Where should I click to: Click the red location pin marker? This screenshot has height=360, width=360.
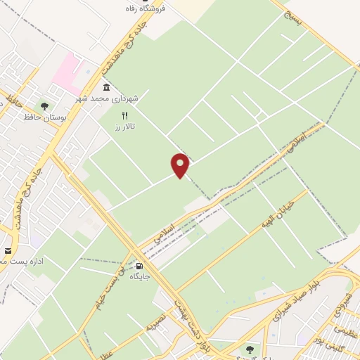pos(181,165)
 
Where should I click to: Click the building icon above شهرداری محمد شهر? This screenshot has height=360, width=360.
pos(106,88)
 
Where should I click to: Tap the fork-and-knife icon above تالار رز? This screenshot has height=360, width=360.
pos(125,115)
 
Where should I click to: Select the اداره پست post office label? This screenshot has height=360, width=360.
pos(21,261)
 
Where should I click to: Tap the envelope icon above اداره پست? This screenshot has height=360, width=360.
pos(8,250)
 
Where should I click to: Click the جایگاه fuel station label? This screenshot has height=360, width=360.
pos(139,277)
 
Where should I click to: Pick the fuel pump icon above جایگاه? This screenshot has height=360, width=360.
pos(139,266)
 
